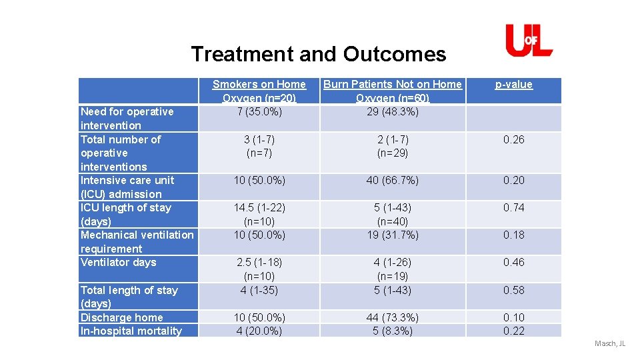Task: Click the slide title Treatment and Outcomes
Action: [x=318, y=54]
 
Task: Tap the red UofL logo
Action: [x=529, y=41]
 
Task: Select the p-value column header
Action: [x=513, y=85]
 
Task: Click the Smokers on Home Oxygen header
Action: [x=259, y=91]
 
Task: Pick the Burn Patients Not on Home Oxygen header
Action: [x=392, y=91]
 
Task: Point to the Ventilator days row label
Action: [x=118, y=263]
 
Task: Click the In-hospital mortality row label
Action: [x=131, y=331]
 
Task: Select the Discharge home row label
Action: [x=121, y=317]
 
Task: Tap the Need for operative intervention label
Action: [x=127, y=119]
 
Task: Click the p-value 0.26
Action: [x=513, y=140]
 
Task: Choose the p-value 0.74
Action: [x=513, y=208]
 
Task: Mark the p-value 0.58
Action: [x=513, y=290]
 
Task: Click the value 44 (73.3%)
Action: [x=392, y=317]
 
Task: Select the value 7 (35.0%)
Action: [x=259, y=111]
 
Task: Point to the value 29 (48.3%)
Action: [x=392, y=111]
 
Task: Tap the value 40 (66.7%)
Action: [x=392, y=181]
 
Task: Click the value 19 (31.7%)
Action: [x=392, y=235]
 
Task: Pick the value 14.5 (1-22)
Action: [x=259, y=208]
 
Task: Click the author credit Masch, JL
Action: [x=610, y=344]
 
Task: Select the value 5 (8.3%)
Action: [x=392, y=331]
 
